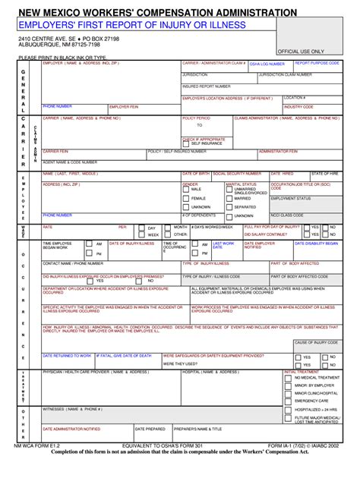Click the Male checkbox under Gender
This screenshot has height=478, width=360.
[x=186, y=189]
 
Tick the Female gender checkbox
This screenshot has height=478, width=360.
[x=186, y=198]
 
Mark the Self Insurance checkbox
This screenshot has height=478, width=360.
[x=186, y=143]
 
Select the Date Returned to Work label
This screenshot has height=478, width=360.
[x=67, y=355]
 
